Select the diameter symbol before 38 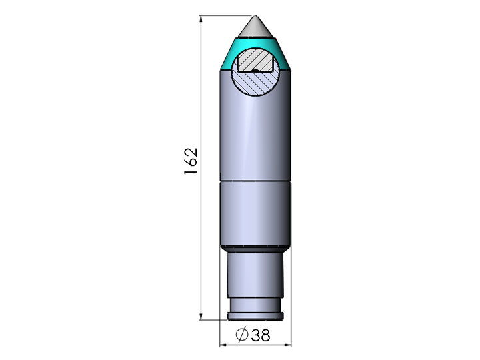click(x=242, y=335)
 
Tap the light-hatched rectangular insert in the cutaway click(x=256, y=61)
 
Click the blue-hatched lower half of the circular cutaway click(x=256, y=83)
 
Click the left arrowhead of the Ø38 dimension click(x=224, y=345)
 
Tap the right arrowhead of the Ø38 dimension click(x=287, y=345)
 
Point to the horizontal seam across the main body click(x=255, y=181)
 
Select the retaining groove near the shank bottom click(x=255, y=304)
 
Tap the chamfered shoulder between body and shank click(x=255, y=247)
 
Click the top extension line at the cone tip click(x=227, y=15)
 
